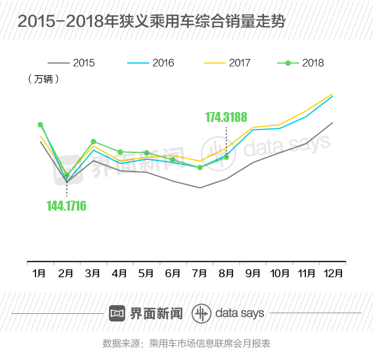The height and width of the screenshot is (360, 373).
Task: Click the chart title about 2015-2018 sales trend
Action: (152, 22)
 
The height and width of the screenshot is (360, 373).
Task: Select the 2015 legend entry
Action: (71, 63)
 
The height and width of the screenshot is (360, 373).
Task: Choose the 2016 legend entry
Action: (150, 63)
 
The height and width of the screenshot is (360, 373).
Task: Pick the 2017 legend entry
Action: (227, 63)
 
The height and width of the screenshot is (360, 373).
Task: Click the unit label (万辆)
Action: (43, 79)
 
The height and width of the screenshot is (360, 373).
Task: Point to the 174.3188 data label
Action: (226, 117)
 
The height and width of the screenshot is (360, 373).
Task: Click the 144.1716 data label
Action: (66, 205)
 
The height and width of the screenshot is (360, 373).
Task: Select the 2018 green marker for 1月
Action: (40, 125)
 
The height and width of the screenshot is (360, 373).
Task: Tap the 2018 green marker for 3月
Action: (93, 142)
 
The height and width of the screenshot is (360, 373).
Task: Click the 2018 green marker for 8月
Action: (226, 156)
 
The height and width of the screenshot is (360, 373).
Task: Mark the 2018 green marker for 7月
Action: (200, 167)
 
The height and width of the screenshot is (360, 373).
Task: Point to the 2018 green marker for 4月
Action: (120, 152)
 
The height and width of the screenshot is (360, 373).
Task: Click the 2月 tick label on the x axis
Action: (66, 273)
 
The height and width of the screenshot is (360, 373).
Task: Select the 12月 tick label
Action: (333, 273)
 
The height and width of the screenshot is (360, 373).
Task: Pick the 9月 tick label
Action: (253, 273)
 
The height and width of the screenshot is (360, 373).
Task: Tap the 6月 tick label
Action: (173, 273)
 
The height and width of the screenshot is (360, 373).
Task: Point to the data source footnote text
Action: (186, 343)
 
